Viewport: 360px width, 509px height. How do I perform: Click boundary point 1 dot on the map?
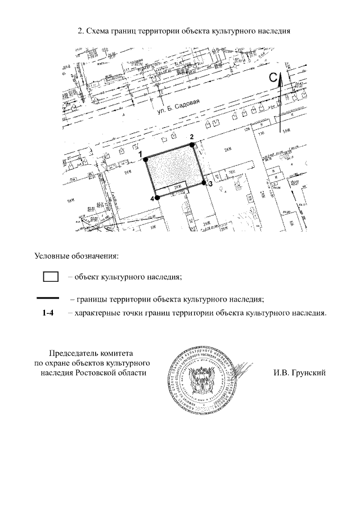[145, 158]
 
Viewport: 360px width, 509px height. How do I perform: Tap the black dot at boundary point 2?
[193, 145]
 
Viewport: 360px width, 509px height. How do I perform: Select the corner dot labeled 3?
[205, 183]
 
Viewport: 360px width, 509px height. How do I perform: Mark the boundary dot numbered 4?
[157, 198]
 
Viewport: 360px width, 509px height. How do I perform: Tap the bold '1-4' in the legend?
[48, 313]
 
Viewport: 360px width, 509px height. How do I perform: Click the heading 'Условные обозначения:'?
[77, 257]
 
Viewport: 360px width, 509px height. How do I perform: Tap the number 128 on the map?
[246, 130]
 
